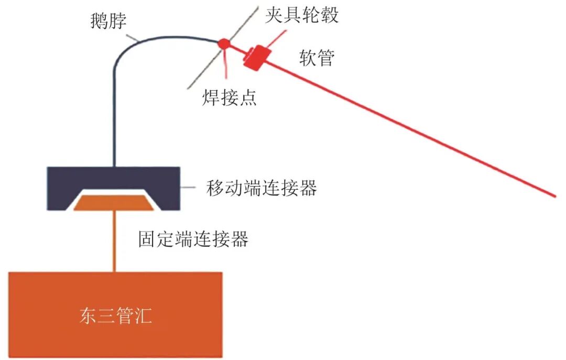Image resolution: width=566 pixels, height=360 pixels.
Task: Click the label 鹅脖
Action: pos(108,20)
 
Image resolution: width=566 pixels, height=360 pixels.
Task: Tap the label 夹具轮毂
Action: pos(302,15)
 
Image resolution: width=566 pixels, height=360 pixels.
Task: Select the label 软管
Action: pos(317,58)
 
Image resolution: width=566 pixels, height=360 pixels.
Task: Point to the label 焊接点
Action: pos(229,97)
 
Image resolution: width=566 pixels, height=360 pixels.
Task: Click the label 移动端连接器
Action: pos(262,188)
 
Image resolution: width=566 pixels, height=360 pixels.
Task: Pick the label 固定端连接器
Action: pos(193,238)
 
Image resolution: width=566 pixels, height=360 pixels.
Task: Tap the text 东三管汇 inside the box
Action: pos(115,315)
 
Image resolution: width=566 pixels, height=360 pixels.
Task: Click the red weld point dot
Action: pos(223,43)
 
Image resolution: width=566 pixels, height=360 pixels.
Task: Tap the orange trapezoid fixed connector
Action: pos(114,203)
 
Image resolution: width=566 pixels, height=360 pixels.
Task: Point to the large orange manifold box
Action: pos(115,315)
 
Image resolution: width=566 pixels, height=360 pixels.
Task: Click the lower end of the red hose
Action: pos(555,197)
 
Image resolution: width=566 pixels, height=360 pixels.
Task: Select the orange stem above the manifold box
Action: pos(114,241)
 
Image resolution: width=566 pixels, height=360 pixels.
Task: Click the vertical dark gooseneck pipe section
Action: pos(114,116)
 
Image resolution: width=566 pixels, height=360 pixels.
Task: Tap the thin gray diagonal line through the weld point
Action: pos(223,47)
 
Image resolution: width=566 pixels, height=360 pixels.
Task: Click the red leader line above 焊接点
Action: pos(225,64)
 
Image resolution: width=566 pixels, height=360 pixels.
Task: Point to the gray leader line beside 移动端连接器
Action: pos(188,188)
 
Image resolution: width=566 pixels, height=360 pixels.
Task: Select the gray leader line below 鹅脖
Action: pos(132,37)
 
